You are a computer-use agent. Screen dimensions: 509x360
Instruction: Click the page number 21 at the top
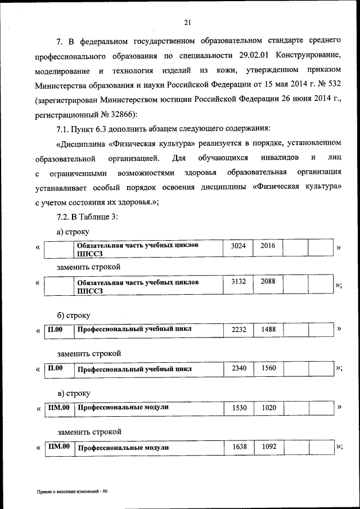[x=187, y=22]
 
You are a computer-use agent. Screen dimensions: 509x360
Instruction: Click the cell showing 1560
[x=268, y=368]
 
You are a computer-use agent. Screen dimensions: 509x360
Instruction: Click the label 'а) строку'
[x=73, y=231]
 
